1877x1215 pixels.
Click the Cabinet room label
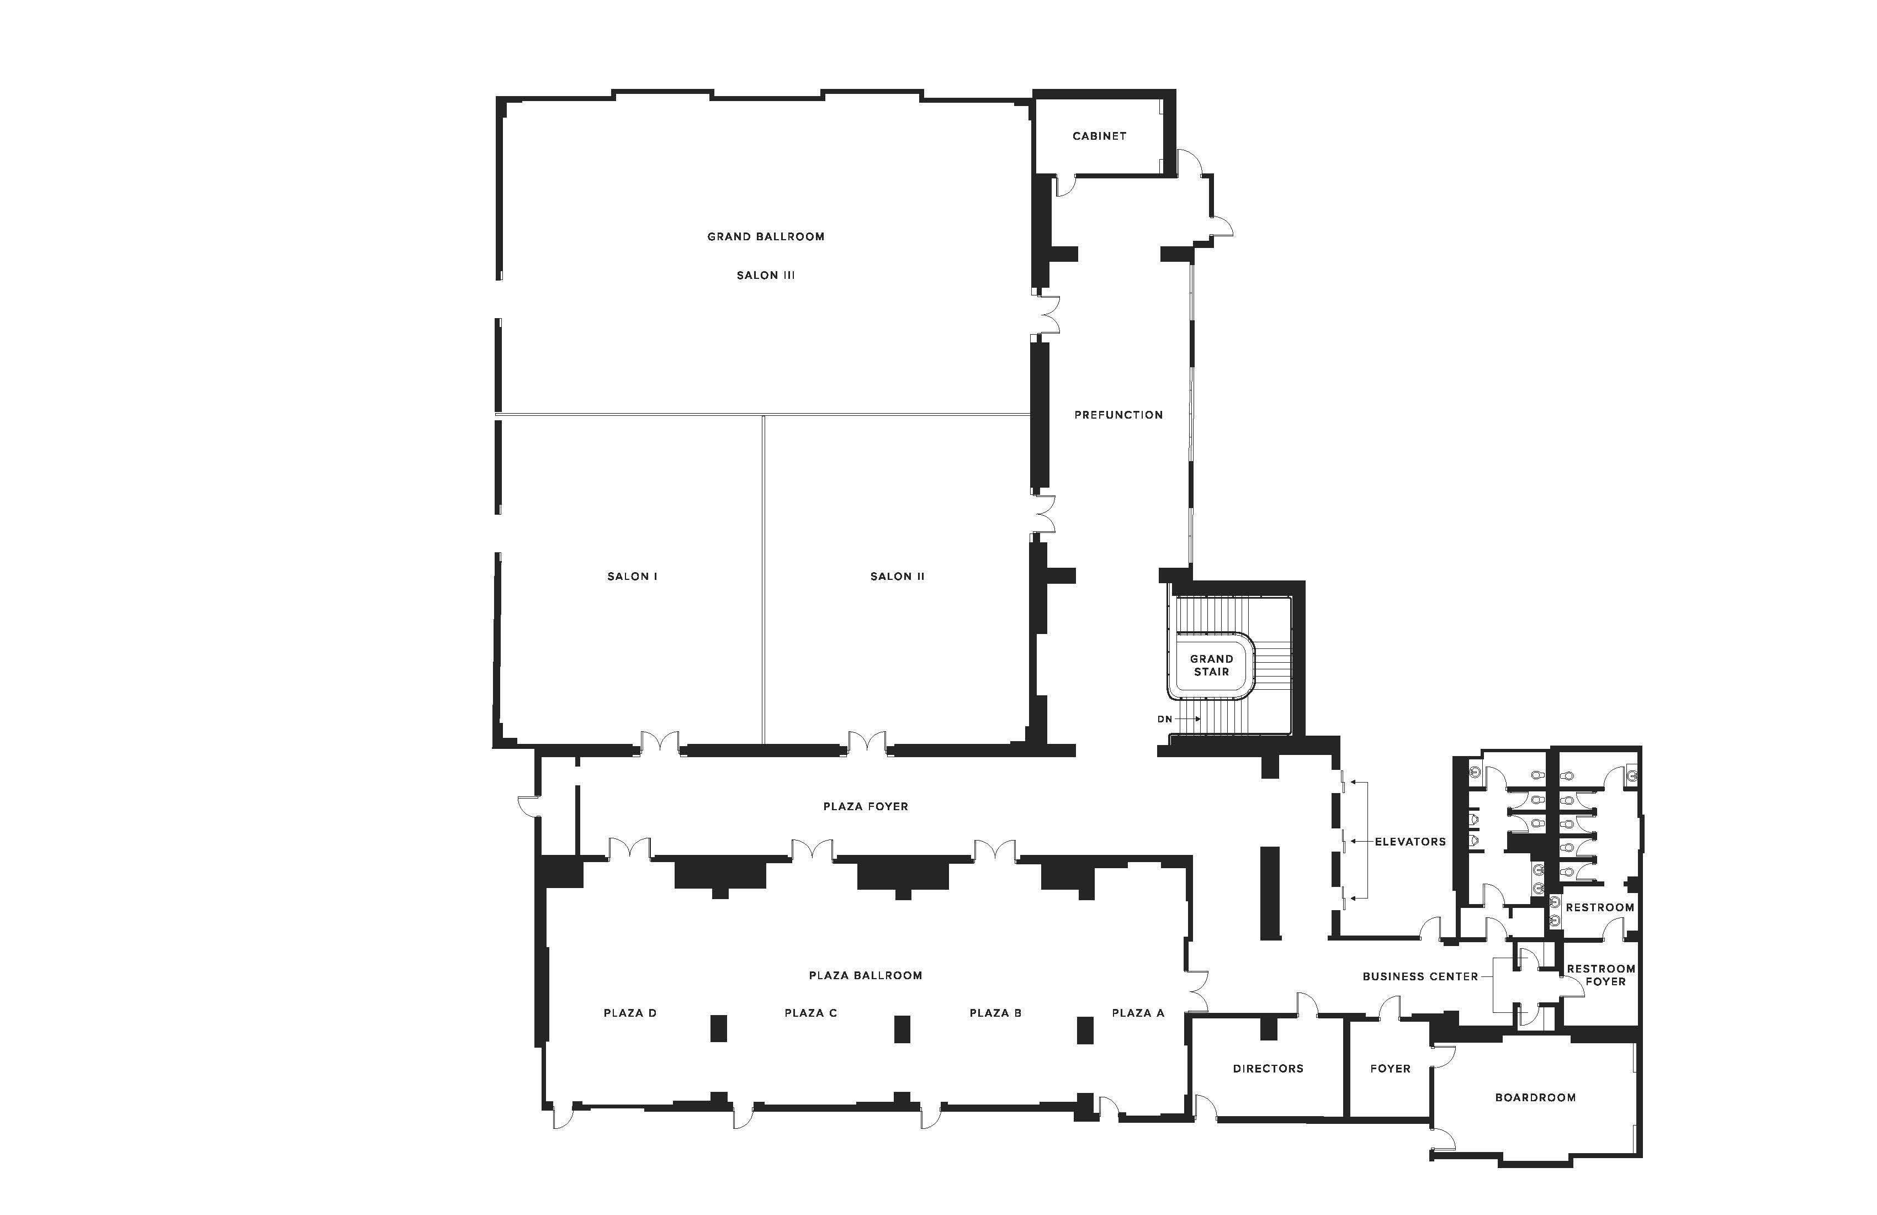[1099, 136]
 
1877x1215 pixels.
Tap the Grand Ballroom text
[766, 237]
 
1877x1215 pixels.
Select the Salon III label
[766, 276]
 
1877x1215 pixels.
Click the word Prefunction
[1118, 415]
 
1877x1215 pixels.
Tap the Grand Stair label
[1211, 665]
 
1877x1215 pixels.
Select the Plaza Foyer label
[866, 806]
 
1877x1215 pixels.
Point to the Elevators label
[1410, 842]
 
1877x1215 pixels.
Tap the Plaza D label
[630, 1013]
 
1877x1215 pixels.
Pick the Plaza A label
[1138, 1013]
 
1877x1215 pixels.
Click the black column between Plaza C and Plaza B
[902, 1029]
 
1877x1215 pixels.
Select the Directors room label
[1268, 1069]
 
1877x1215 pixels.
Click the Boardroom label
[1535, 1097]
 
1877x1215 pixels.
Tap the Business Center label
[1420, 977]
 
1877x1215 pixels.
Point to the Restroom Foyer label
[1601, 975]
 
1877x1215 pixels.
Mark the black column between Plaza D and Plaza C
[718, 1029]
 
